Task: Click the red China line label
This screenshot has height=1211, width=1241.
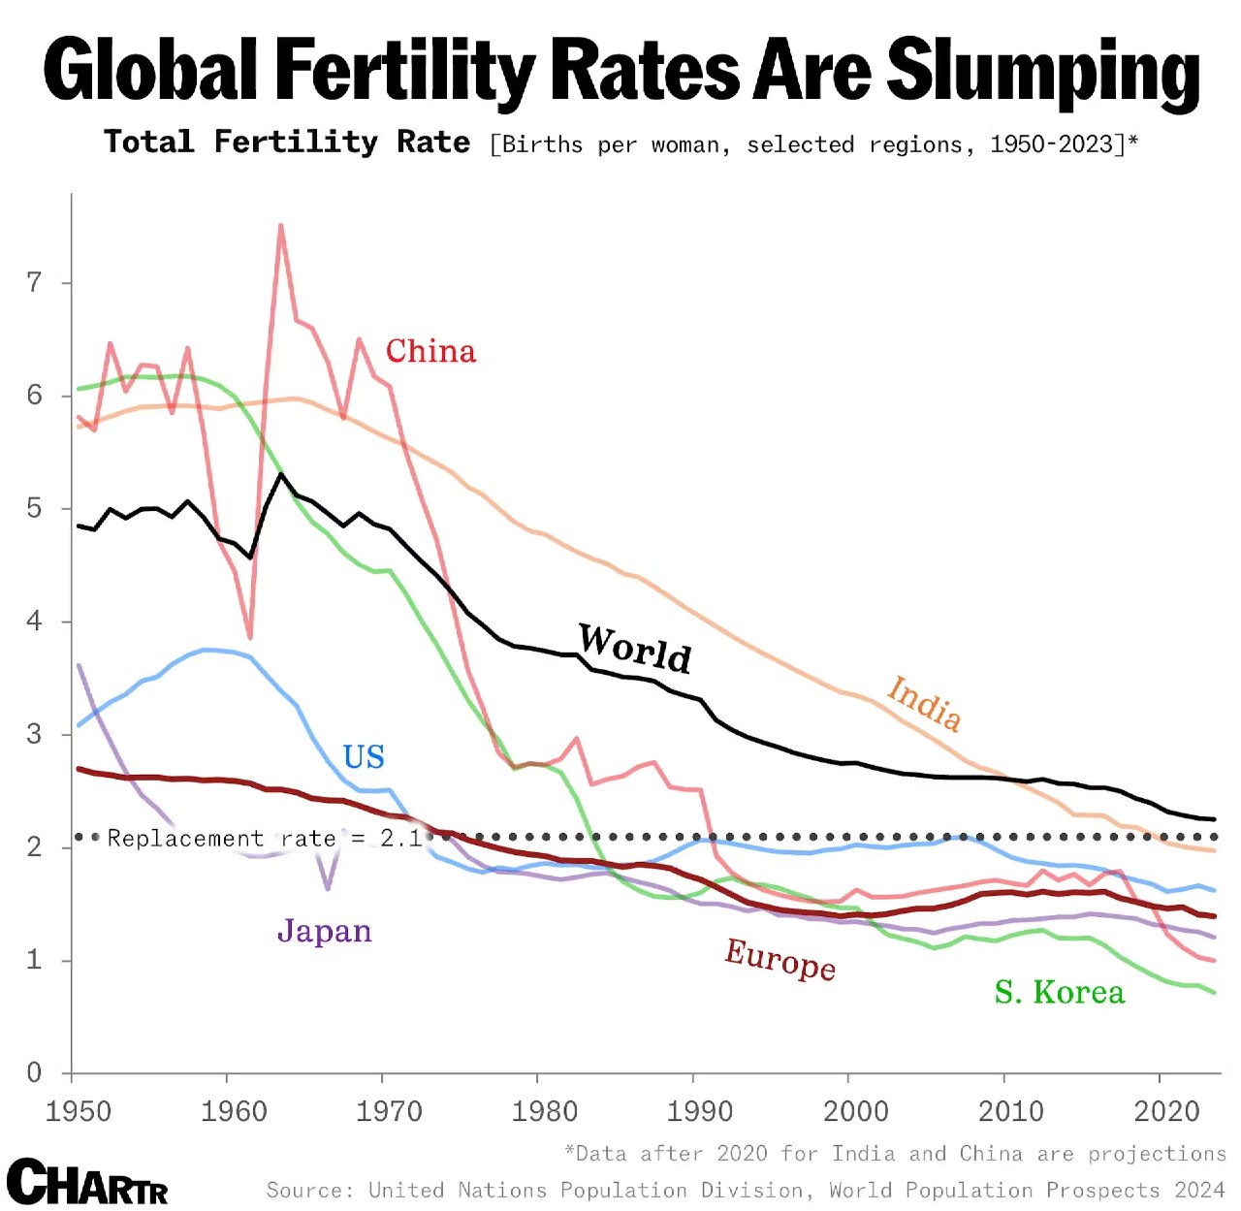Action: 430,351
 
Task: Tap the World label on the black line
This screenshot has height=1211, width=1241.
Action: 635,648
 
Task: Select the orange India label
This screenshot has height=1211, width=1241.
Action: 924,703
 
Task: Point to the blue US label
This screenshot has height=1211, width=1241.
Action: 364,756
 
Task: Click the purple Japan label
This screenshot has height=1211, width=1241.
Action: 325,931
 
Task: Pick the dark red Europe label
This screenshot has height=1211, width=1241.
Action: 780,959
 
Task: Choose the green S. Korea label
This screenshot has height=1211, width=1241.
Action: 1060,992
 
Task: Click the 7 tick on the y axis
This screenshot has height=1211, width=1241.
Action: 35,282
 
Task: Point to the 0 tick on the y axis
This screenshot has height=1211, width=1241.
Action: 35,1072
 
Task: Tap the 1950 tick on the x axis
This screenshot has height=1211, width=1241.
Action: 78,1111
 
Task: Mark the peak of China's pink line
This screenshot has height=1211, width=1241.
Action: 280,225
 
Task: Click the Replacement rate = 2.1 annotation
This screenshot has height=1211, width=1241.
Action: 265,838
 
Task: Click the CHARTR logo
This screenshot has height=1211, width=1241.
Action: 87,1182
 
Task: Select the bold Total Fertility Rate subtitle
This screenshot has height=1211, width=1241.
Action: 287,143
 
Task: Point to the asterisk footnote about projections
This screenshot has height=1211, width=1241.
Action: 895,1154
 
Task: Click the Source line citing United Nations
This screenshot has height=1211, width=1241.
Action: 746,1191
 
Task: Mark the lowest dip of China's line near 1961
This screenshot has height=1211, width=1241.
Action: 250,637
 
